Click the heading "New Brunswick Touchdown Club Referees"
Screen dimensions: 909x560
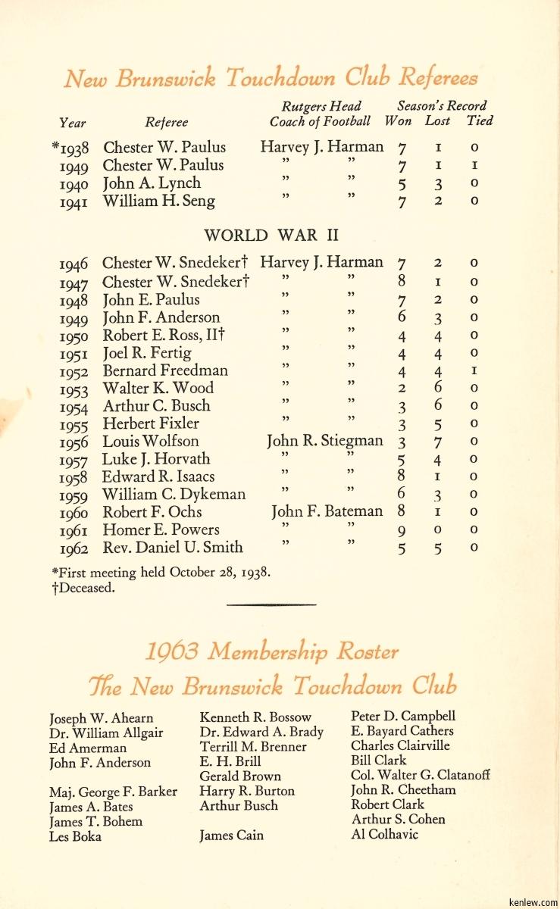click(x=271, y=78)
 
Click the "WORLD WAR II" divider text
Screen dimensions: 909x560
click(x=271, y=236)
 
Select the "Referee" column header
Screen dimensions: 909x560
click(x=166, y=122)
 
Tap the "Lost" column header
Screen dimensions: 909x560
click(x=437, y=121)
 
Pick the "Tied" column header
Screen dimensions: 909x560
click(x=479, y=121)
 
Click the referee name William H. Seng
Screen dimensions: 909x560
click(x=158, y=201)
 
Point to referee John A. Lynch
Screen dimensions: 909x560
click(x=152, y=183)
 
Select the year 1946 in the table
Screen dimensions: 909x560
click(x=74, y=264)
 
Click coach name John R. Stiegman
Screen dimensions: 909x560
click(x=324, y=442)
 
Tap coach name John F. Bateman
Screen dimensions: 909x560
click(x=327, y=512)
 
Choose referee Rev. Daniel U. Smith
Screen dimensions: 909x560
click(x=173, y=548)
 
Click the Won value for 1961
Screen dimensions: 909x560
click(x=402, y=531)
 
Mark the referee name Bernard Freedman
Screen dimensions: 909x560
click(x=164, y=371)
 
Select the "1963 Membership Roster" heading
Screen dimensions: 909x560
click(x=271, y=651)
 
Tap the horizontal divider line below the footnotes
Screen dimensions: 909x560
click(x=271, y=604)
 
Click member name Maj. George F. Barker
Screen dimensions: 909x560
click(x=113, y=792)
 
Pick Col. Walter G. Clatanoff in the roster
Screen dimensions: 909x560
click(x=420, y=776)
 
